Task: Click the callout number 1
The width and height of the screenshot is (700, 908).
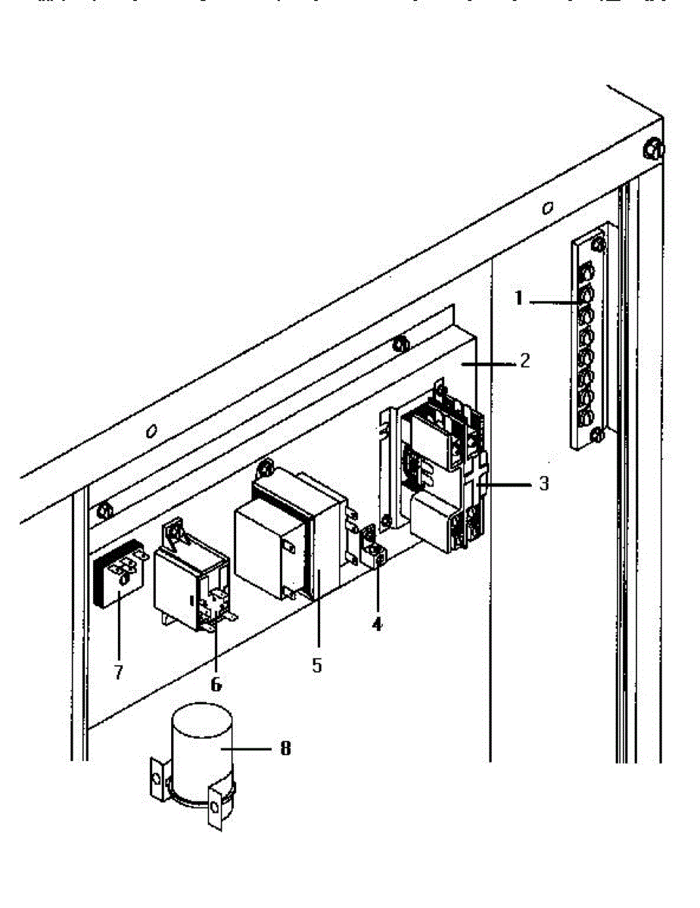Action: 519,297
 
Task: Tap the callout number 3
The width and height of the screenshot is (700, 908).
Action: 544,483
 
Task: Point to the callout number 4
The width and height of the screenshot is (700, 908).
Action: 376,625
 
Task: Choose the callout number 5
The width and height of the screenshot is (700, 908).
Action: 317,665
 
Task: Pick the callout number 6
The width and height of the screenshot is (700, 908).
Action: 216,684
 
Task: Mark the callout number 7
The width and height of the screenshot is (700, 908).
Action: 118,672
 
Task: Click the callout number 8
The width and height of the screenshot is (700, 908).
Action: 285,748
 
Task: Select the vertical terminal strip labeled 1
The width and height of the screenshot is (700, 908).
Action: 589,337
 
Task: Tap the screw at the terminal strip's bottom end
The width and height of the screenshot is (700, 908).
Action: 596,434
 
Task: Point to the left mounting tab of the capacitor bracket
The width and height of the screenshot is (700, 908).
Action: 156,779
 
